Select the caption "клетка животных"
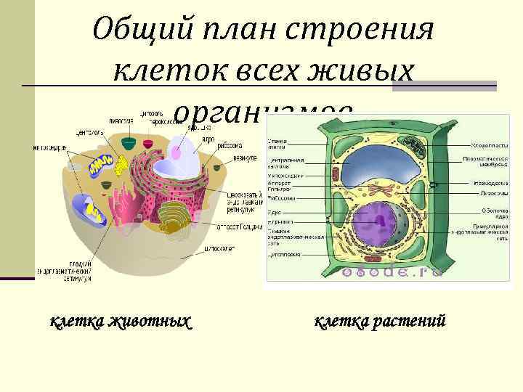(121, 320)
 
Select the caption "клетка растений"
(379, 320)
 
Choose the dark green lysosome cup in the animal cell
(128, 143)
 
